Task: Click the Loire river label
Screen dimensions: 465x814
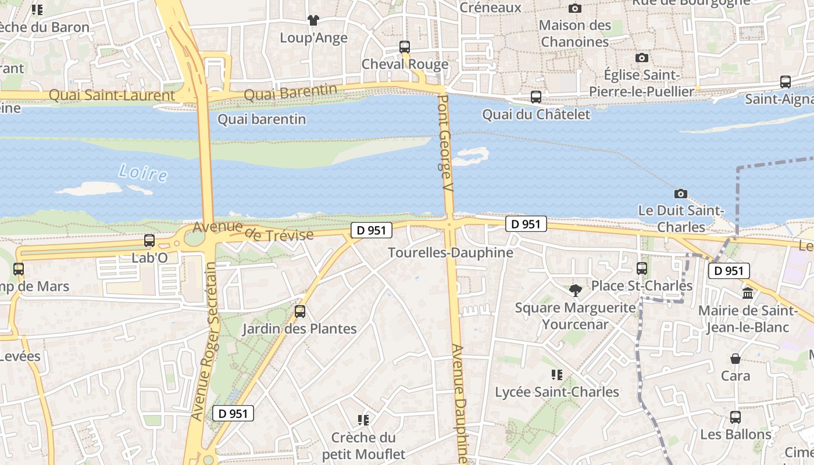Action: coord(142,173)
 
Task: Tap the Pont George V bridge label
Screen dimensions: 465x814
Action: coord(445,143)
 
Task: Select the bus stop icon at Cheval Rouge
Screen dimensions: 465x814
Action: coord(405,47)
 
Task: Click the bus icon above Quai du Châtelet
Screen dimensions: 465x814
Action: coord(536,97)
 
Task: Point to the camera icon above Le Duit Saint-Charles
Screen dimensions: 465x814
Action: coord(680,194)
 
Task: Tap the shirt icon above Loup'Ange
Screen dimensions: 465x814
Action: coord(313,20)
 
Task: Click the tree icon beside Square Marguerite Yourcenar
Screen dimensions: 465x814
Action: coord(576,289)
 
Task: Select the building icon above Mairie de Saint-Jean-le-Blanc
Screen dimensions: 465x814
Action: coord(748,293)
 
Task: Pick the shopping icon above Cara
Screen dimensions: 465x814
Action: coord(736,359)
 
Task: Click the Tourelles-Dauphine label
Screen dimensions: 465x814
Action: coord(450,253)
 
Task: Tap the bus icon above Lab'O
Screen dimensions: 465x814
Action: coord(149,240)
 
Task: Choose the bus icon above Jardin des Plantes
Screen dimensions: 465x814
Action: coord(300,311)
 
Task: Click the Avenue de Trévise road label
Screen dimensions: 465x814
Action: coord(254,232)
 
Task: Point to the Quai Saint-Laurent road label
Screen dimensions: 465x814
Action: coord(112,95)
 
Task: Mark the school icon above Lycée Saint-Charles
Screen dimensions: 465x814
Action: coord(557,375)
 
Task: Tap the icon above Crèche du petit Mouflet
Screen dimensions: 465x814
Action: coord(363,420)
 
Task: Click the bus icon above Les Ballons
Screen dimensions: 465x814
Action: coord(736,417)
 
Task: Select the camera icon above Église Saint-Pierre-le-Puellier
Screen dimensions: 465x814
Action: coord(642,58)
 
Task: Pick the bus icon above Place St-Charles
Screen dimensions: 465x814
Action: coord(642,268)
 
